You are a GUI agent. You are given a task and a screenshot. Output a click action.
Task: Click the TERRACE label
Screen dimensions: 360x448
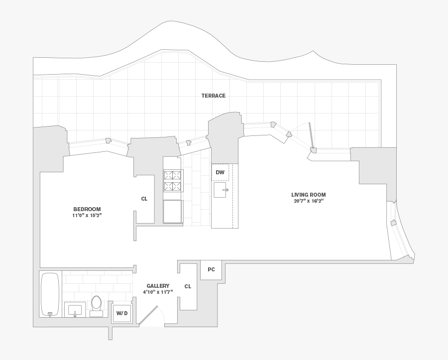tap(213, 96)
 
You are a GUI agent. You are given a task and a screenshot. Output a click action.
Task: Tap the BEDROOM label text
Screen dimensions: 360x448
tap(87, 209)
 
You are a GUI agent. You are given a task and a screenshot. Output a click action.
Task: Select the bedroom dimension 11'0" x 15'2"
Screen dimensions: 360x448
tap(87, 216)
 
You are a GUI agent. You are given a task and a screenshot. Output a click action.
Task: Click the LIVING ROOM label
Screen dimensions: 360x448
tap(309, 195)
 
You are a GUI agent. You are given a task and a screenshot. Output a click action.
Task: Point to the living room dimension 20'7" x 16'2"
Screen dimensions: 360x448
tap(309, 201)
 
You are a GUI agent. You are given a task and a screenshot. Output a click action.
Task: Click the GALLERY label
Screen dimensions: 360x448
tap(158, 286)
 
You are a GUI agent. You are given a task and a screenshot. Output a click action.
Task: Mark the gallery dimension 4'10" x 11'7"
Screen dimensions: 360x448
tap(158, 292)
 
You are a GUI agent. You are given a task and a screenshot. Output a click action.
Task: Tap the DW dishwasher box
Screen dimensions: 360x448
tap(220, 173)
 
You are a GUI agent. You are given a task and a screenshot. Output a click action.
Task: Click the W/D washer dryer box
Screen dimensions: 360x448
tap(122, 313)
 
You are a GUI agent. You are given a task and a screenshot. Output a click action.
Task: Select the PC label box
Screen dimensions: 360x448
tap(211, 269)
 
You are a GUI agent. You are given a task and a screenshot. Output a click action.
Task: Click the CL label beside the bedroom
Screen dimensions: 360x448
tap(144, 199)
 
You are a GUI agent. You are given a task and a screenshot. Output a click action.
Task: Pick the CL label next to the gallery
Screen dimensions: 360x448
tap(188, 286)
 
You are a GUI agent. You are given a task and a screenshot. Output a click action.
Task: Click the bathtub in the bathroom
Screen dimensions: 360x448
tap(50, 294)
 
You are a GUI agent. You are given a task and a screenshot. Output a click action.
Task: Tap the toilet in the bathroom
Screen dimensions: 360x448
tap(96, 305)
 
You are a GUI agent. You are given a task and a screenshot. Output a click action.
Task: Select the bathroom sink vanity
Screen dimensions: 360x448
tap(75, 309)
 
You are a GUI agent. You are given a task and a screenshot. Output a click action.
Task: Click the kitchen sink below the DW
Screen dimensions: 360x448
tap(220, 190)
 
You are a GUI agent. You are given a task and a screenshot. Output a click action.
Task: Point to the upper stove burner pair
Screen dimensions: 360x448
tap(173, 175)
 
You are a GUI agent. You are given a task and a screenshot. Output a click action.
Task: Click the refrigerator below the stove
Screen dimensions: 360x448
tap(173, 212)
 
